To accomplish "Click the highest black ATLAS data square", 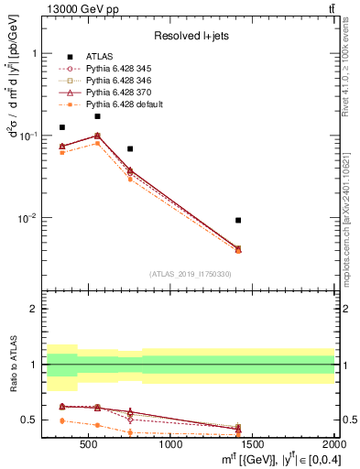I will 97,116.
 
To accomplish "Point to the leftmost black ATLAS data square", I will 62,127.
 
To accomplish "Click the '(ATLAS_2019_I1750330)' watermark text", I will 191,274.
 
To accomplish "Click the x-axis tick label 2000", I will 333,445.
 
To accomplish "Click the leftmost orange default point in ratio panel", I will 62,420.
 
